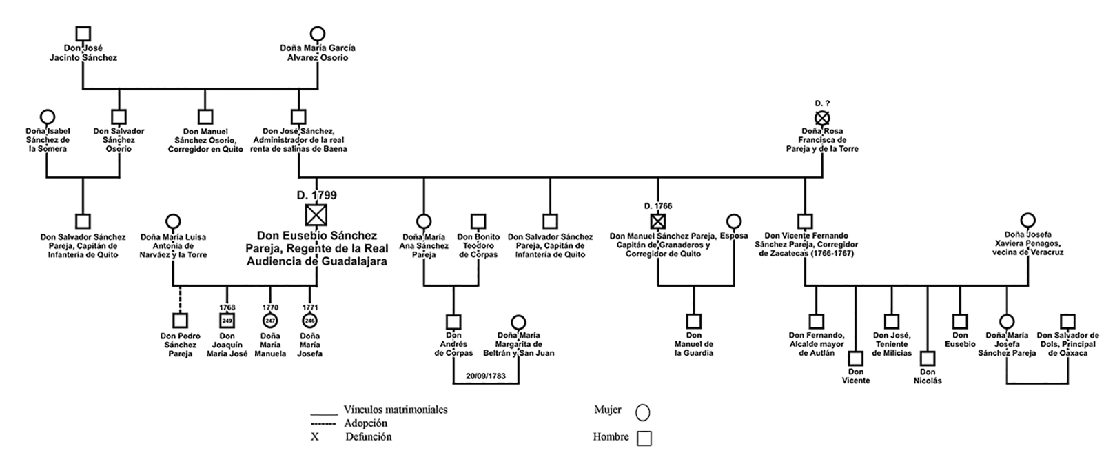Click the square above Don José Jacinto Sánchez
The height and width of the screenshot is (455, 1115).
click(x=83, y=33)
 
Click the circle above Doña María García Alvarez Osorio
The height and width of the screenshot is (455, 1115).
click(x=317, y=33)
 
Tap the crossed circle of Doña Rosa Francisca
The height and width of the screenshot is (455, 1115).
click(x=822, y=118)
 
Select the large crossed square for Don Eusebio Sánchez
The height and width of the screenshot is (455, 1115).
click(x=316, y=216)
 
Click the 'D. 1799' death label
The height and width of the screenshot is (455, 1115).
click(x=317, y=196)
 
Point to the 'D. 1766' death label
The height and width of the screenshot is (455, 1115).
click(x=658, y=205)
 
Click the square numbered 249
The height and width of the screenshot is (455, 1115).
click(x=227, y=321)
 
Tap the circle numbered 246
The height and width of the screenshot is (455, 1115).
click(x=309, y=321)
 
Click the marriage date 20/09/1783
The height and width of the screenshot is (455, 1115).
click(x=486, y=376)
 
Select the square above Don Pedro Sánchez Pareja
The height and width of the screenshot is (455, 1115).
click(x=180, y=321)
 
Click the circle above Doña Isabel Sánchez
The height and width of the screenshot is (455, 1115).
click(x=48, y=117)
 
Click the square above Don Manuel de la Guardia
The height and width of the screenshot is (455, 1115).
click(x=694, y=321)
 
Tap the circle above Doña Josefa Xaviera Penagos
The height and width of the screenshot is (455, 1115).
click(x=1028, y=221)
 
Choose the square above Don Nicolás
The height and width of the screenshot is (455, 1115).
click(x=928, y=358)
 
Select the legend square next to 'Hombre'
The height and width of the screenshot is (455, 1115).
click(x=644, y=438)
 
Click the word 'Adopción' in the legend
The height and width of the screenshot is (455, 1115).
click(x=365, y=423)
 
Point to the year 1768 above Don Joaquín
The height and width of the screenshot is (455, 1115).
click(x=227, y=307)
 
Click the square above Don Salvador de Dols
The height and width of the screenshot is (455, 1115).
click(x=1067, y=321)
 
